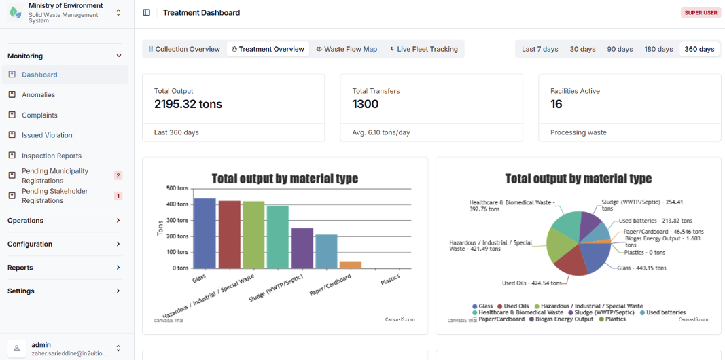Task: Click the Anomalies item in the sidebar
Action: click(x=38, y=94)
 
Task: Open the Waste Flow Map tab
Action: click(x=347, y=49)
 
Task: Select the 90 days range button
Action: click(x=620, y=49)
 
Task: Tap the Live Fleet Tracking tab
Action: click(x=423, y=49)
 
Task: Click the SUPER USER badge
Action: click(x=701, y=12)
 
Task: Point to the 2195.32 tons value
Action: click(x=188, y=104)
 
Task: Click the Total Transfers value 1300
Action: click(x=366, y=104)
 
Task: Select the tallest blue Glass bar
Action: click(x=205, y=233)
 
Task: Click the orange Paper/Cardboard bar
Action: click(x=350, y=264)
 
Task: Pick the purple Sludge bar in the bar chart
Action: click(x=302, y=248)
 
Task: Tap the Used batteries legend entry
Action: click(x=662, y=313)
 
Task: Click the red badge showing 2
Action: click(x=118, y=176)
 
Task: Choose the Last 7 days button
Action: click(x=540, y=49)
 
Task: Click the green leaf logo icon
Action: click(x=16, y=12)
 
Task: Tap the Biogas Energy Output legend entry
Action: click(x=561, y=319)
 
